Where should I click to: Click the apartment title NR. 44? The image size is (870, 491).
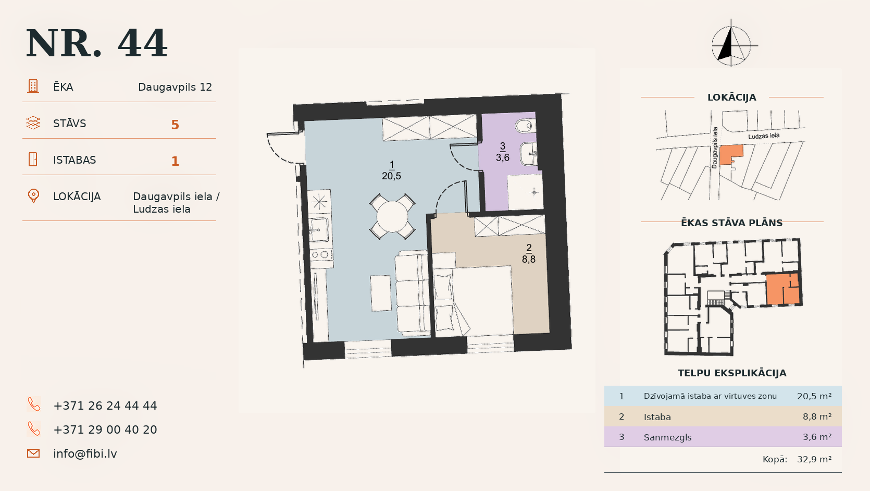[96, 43]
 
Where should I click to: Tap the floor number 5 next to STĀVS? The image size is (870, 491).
[175, 125]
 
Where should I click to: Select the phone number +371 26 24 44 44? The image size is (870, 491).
[105, 406]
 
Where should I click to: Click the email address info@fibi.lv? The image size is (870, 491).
[85, 453]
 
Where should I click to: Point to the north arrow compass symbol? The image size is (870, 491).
[732, 43]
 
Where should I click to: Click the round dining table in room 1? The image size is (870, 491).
[392, 216]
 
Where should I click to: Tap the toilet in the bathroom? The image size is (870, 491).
[525, 126]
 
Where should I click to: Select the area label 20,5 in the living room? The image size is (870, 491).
[391, 176]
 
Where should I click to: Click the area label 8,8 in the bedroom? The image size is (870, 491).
[529, 259]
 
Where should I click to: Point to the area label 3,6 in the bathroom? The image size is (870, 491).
[503, 157]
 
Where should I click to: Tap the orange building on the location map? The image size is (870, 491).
[730, 155]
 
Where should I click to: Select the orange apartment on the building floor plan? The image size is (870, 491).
[782, 289]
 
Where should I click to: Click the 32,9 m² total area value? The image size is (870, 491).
[814, 460]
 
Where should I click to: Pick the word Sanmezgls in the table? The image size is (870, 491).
[668, 437]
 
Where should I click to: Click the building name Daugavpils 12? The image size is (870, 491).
[175, 87]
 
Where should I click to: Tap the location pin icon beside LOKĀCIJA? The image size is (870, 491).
[33, 196]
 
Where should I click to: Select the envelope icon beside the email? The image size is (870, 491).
[33, 453]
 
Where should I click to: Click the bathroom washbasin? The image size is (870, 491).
[528, 154]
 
